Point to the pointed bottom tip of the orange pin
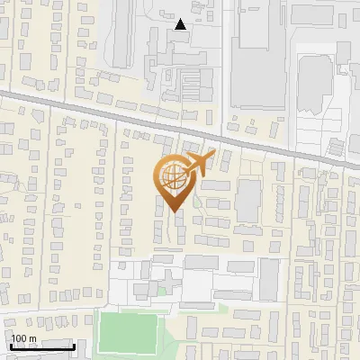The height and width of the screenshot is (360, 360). click(174, 212)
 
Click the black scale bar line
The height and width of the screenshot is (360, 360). click(40, 346)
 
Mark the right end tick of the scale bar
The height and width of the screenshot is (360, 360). click(74, 345)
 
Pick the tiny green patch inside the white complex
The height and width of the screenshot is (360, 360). click(162, 290)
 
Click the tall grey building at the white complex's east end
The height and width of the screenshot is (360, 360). click(269, 279)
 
